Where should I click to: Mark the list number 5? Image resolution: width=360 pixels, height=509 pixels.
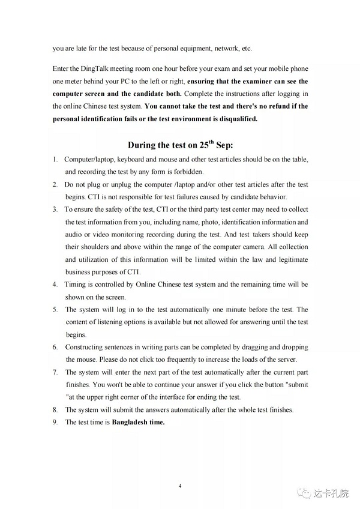pyautogui.click(x=54, y=310)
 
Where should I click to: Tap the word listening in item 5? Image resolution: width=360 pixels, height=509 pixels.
pyautogui.click(x=106, y=322)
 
